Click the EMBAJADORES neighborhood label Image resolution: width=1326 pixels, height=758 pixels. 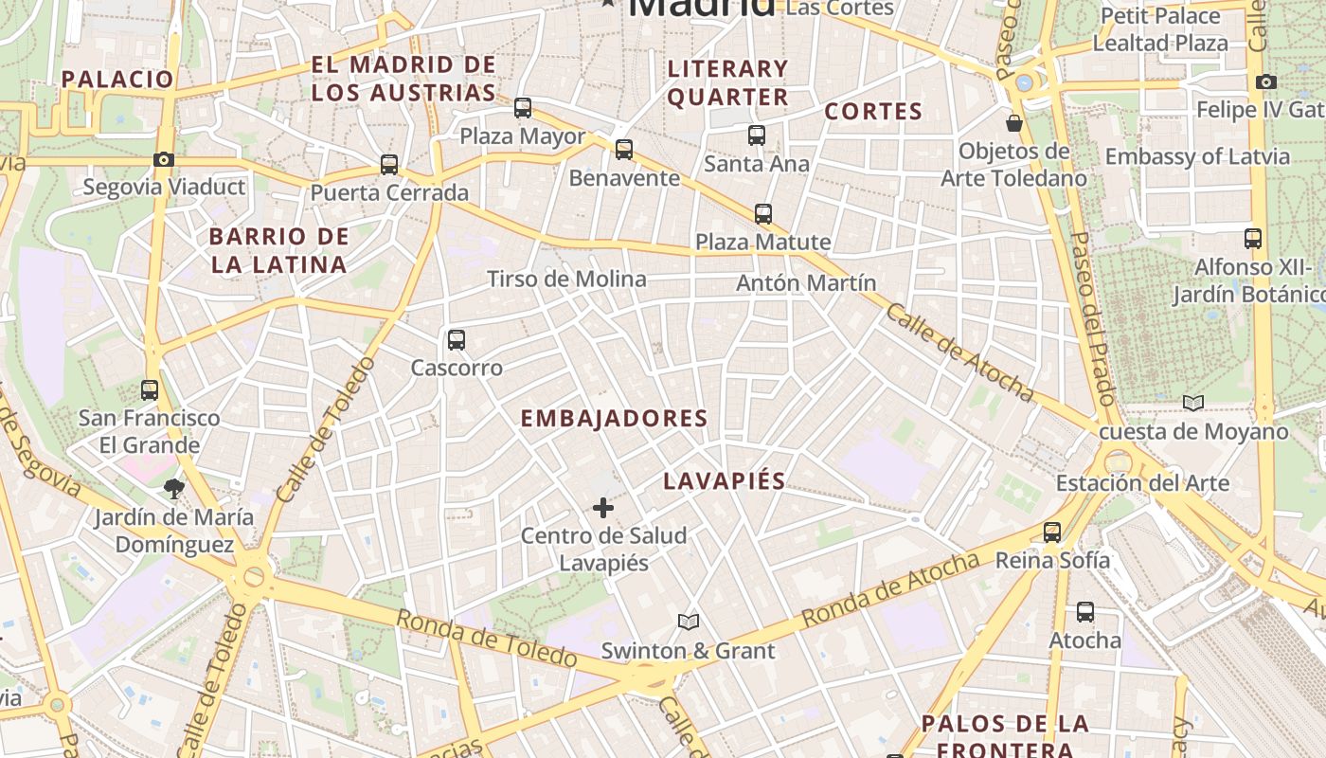tap(614, 418)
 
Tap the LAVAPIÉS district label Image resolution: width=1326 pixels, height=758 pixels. tap(724, 480)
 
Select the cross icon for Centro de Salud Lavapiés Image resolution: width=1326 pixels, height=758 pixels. tap(603, 509)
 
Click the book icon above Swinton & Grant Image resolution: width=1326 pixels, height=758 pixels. tap(689, 623)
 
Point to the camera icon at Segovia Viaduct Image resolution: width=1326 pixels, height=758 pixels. tap(164, 159)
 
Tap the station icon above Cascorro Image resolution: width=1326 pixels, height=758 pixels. tap(457, 339)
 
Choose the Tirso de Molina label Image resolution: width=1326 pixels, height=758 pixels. tap(566, 279)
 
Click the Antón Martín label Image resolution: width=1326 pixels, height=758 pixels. tap(806, 282)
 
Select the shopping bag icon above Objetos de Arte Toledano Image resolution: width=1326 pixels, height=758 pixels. tap(1014, 123)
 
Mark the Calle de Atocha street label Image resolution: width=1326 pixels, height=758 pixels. tap(959, 352)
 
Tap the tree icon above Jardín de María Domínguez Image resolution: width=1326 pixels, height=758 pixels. tap(173, 489)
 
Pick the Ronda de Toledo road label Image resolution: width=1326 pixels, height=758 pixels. tap(486, 639)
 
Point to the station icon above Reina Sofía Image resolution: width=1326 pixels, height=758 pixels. tap(1052, 532)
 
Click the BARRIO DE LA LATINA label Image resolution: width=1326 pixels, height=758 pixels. tap(279, 250)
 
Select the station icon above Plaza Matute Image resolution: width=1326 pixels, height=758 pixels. tap(763, 214)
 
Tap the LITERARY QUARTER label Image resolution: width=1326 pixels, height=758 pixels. tap(728, 82)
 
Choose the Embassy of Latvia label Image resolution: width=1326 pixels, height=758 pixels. tap(1197, 156)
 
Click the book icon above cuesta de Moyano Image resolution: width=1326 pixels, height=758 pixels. tap(1193, 404)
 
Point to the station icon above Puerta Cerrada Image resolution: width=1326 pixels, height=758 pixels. tap(389, 165)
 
